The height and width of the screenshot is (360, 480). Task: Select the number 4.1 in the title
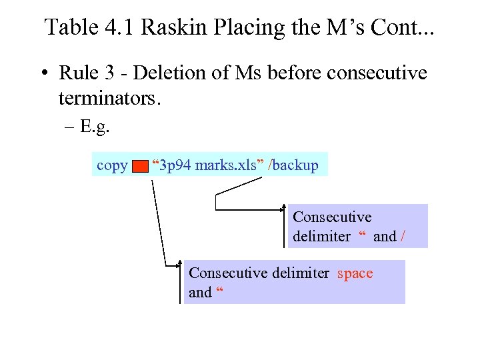pyautogui.click(x=115, y=27)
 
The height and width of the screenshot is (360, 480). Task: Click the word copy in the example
pyautogui.click(x=112, y=165)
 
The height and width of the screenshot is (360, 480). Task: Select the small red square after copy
pyautogui.click(x=140, y=166)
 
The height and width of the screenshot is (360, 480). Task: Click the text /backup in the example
pyautogui.click(x=293, y=165)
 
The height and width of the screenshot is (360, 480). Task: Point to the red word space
pyautogui.click(x=355, y=273)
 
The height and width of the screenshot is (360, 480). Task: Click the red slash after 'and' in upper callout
pyautogui.click(x=403, y=237)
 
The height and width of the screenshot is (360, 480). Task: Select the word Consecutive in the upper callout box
pyautogui.click(x=332, y=217)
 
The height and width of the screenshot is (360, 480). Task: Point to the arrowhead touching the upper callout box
pyautogui.click(x=285, y=211)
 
